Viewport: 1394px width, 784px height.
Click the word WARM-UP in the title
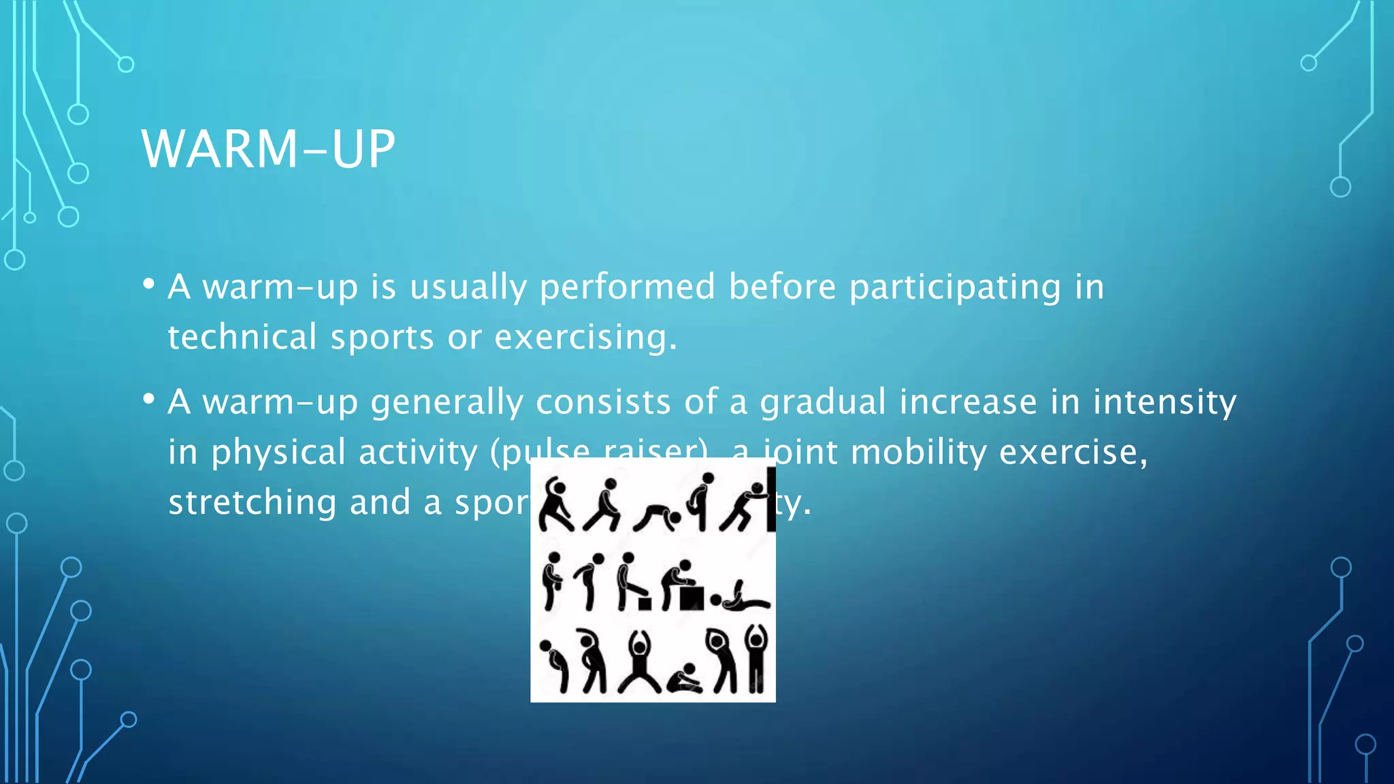268,149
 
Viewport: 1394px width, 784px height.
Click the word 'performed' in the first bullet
627,287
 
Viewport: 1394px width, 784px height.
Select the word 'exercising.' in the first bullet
586,338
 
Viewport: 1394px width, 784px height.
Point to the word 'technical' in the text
242,338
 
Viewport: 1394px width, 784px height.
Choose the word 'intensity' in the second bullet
1165,402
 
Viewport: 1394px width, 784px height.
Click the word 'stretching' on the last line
252,503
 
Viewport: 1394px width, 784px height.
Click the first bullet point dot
149,284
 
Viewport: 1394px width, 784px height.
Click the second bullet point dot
149,399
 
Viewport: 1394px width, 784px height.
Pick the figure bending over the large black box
681,585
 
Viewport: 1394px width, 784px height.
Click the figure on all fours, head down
657,517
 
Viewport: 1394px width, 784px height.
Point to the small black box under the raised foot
644,604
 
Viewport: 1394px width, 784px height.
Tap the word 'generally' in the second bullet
447,402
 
